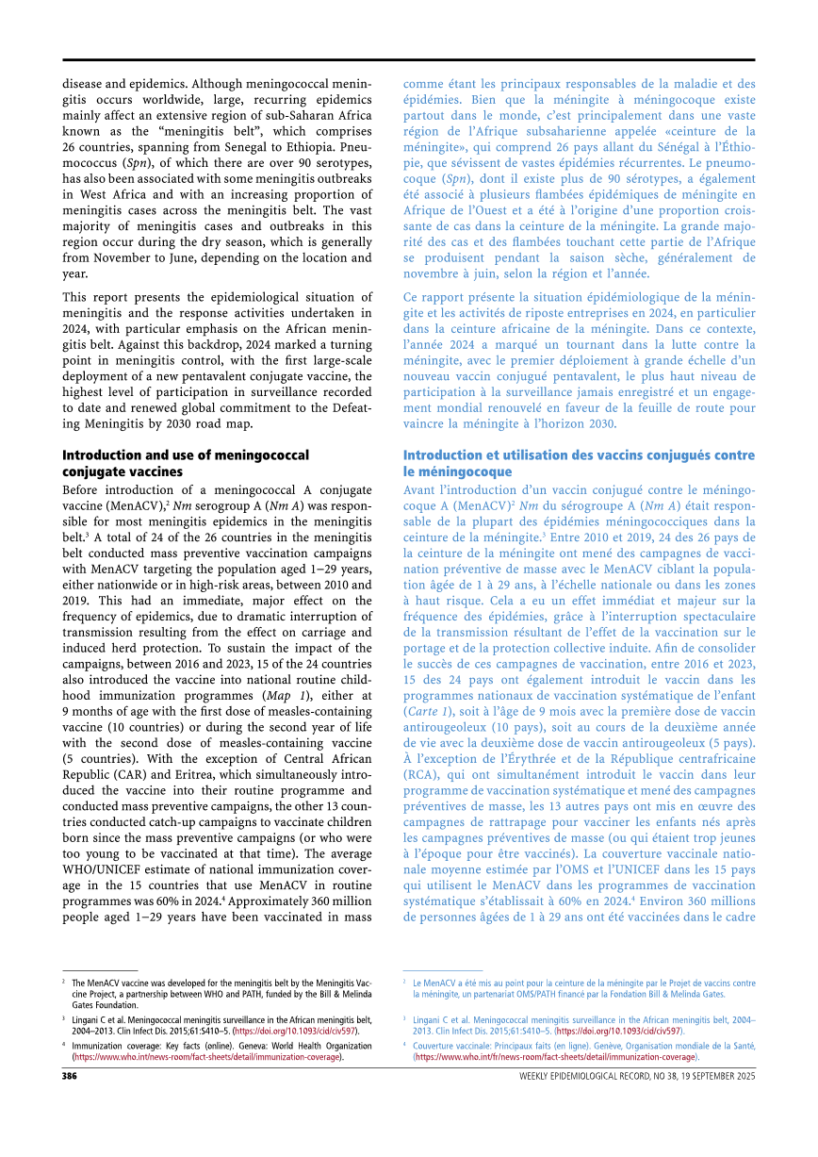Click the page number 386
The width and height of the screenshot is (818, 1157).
tap(70, 1077)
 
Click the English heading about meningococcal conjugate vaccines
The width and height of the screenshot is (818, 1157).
tap(185, 463)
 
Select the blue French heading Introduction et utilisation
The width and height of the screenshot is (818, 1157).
tap(579, 463)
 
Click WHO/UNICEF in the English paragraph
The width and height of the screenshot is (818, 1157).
tap(104, 870)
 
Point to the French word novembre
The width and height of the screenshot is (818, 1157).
tap(434, 273)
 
